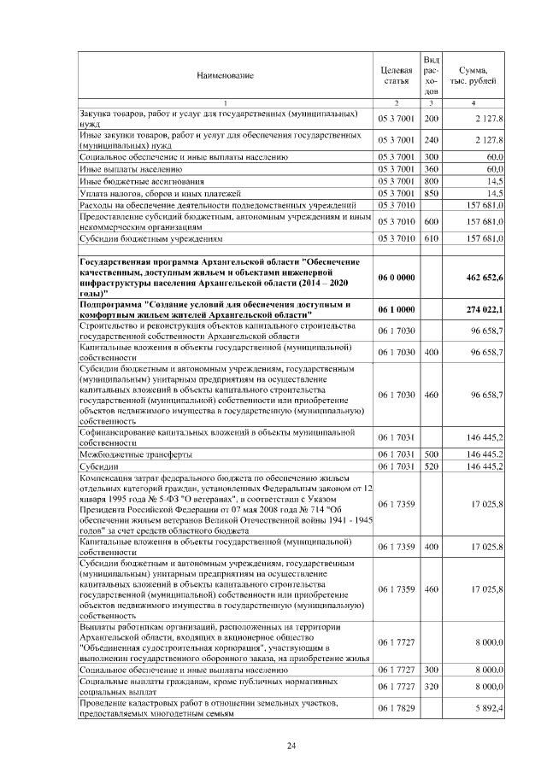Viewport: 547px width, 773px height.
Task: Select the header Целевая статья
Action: click(396, 75)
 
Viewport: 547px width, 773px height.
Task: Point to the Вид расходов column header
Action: click(432, 75)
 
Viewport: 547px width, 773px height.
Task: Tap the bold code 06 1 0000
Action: click(396, 308)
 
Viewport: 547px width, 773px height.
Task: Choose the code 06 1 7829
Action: click(396, 707)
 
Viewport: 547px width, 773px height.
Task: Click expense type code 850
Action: click(432, 193)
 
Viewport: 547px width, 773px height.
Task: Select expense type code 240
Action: click(432, 139)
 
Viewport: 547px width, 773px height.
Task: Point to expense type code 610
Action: click(432, 240)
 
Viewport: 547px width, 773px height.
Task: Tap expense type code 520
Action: click(432, 466)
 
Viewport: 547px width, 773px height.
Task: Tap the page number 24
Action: click(291, 748)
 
